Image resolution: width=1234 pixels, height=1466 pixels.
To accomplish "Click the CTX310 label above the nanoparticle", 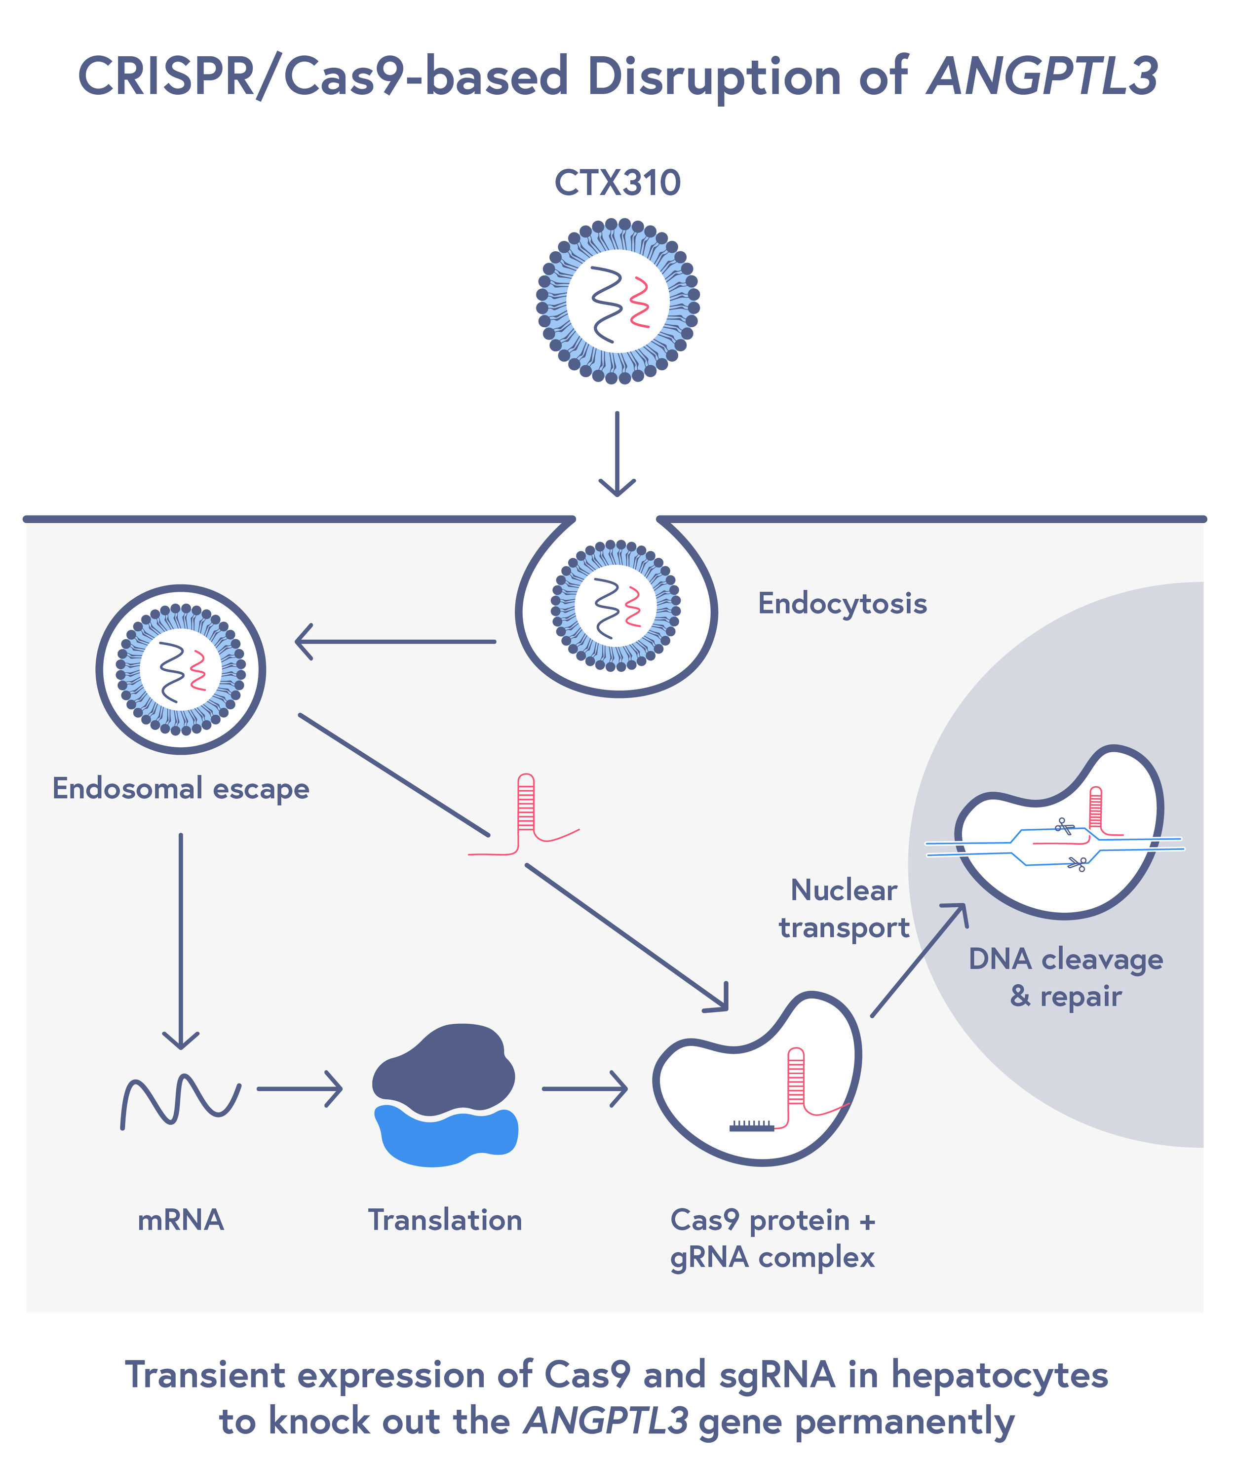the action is point(617,183).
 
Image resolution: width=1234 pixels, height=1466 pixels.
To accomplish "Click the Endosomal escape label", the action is point(181,789).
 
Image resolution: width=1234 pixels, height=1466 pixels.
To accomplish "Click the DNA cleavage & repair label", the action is point(1065,978).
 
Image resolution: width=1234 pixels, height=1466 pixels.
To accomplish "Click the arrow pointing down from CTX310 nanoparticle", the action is point(617,455).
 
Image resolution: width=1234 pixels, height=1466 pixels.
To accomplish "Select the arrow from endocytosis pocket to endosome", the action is point(395,641).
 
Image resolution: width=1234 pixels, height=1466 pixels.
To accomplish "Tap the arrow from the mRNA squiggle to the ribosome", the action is point(300,1089).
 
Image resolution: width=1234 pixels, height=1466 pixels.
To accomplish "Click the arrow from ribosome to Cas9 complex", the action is point(585,1089).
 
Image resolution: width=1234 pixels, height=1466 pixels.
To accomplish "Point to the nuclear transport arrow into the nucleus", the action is point(919,961).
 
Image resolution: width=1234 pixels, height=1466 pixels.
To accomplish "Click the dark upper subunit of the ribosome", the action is point(444,1071).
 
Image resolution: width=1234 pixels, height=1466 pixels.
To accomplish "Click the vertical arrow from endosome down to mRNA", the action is point(181,941).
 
